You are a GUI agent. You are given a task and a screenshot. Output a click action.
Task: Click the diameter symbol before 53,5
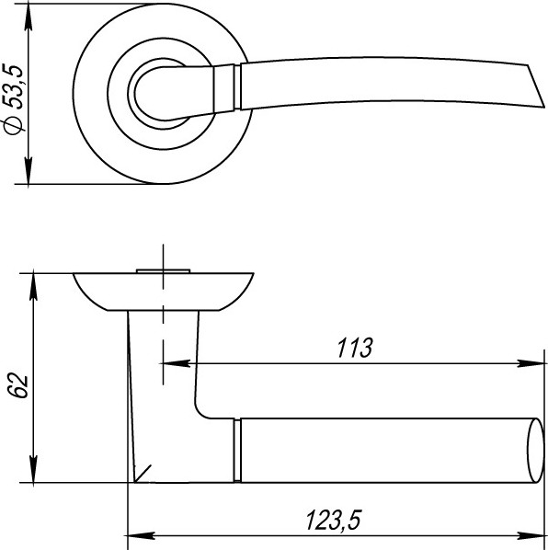click(x=13, y=125)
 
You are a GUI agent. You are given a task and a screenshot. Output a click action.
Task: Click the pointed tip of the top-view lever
click(x=531, y=67)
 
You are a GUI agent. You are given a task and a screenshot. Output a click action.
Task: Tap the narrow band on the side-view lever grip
click(x=236, y=449)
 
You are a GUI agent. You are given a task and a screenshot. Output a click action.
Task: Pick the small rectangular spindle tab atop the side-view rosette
click(x=163, y=269)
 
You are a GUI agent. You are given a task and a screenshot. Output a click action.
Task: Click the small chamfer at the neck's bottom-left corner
click(x=143, y=474)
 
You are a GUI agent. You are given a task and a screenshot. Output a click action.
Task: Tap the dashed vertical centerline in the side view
click(x=163, y=313)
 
